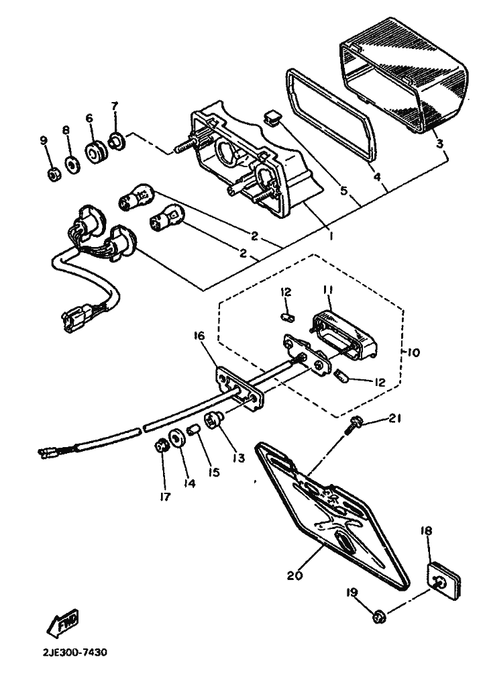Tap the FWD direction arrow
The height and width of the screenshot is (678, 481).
click(62, 622)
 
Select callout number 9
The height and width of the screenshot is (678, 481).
click(44, 140)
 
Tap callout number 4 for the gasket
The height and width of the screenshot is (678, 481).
click(378, 179)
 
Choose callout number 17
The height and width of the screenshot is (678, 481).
click(165, 497)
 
